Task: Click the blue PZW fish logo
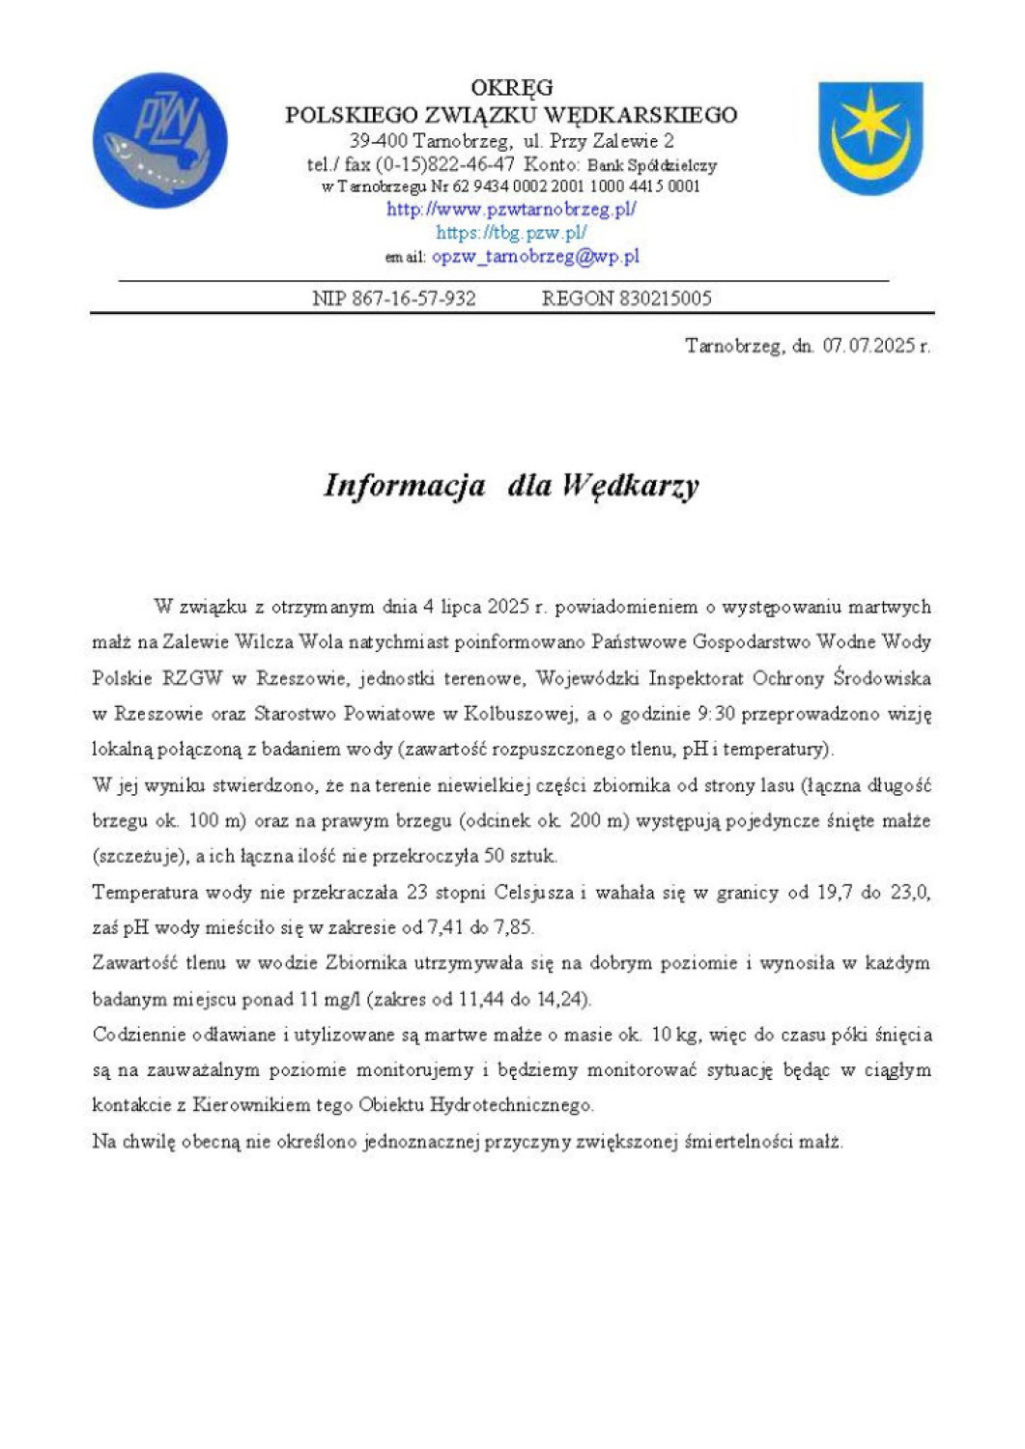click(x=160, y=141)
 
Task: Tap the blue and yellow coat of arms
click(x=870, y=137)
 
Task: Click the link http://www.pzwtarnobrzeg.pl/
click(x=511, y=209)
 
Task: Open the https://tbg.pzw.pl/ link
click(x=511, y=233)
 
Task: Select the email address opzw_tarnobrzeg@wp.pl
click(x=535, y=257)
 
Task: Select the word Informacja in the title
click(x=405, y=485)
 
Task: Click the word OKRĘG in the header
click(x=511, y=88)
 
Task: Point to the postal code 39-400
click(x=378, y=141)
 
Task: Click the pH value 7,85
click(x=513, y=927)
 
